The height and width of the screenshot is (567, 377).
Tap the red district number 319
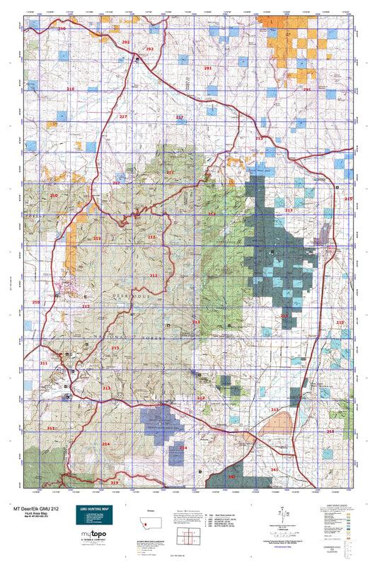(115, 483)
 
